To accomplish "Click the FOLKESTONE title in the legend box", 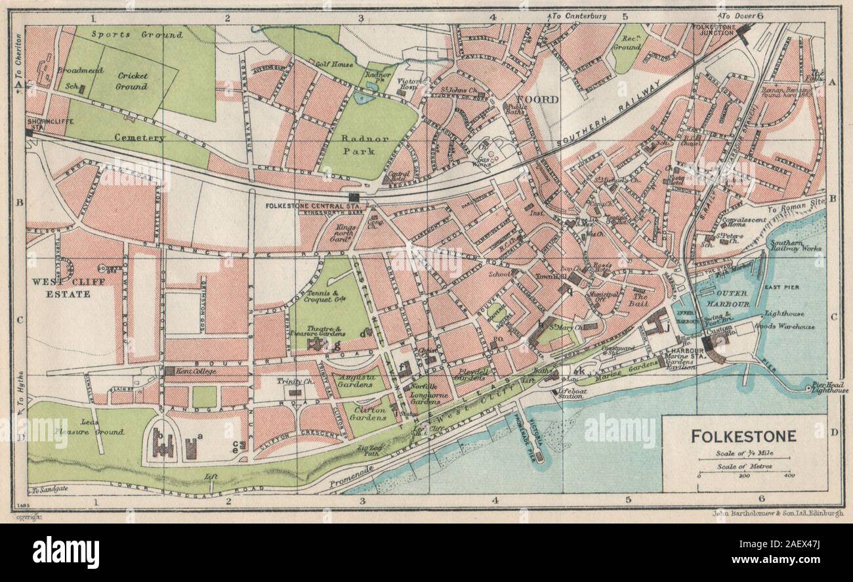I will (744, 436).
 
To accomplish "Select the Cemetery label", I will (138, 138).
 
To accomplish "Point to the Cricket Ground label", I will (132, 81).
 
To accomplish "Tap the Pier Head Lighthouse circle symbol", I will (807, 389).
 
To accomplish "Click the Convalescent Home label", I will (746, 223).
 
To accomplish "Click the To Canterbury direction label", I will (579, 16).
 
